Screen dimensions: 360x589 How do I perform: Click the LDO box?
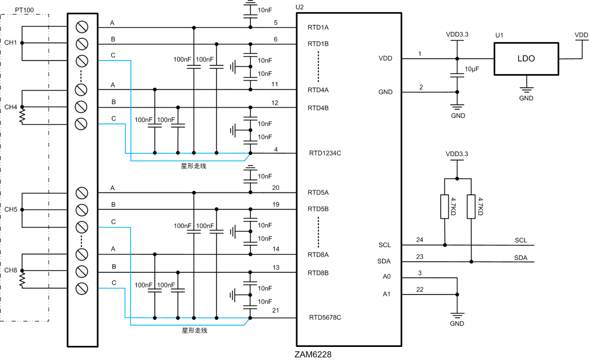[x=526, y=58]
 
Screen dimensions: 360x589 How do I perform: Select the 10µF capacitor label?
[x=472, y=69]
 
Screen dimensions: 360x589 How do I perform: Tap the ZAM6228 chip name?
[x=312, y=355]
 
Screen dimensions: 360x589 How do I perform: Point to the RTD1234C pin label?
[x=325, y=153]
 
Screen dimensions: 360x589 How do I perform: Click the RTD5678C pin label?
[x=325, y=317]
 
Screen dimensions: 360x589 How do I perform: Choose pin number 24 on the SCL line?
[x=419, y=239]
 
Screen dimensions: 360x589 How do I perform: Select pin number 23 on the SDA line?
[x=419, y=256]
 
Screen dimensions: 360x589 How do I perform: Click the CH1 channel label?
[x=11, y=43]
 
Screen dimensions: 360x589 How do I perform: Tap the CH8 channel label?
[x=11, y=271]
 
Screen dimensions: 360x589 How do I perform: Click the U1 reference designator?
[x=499, y=35]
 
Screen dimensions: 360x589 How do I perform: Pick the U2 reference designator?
[x=299, y=7]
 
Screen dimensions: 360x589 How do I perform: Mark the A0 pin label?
[x=387, y=277]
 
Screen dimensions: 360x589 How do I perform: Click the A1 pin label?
[x=387, y=294]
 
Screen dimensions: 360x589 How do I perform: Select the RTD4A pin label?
[x=318, y=90]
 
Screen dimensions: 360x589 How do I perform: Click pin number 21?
[x=275, y=310]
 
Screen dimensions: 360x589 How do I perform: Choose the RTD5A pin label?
[x=318, y=193]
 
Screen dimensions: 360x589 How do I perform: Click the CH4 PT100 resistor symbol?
[x=22, y=116]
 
